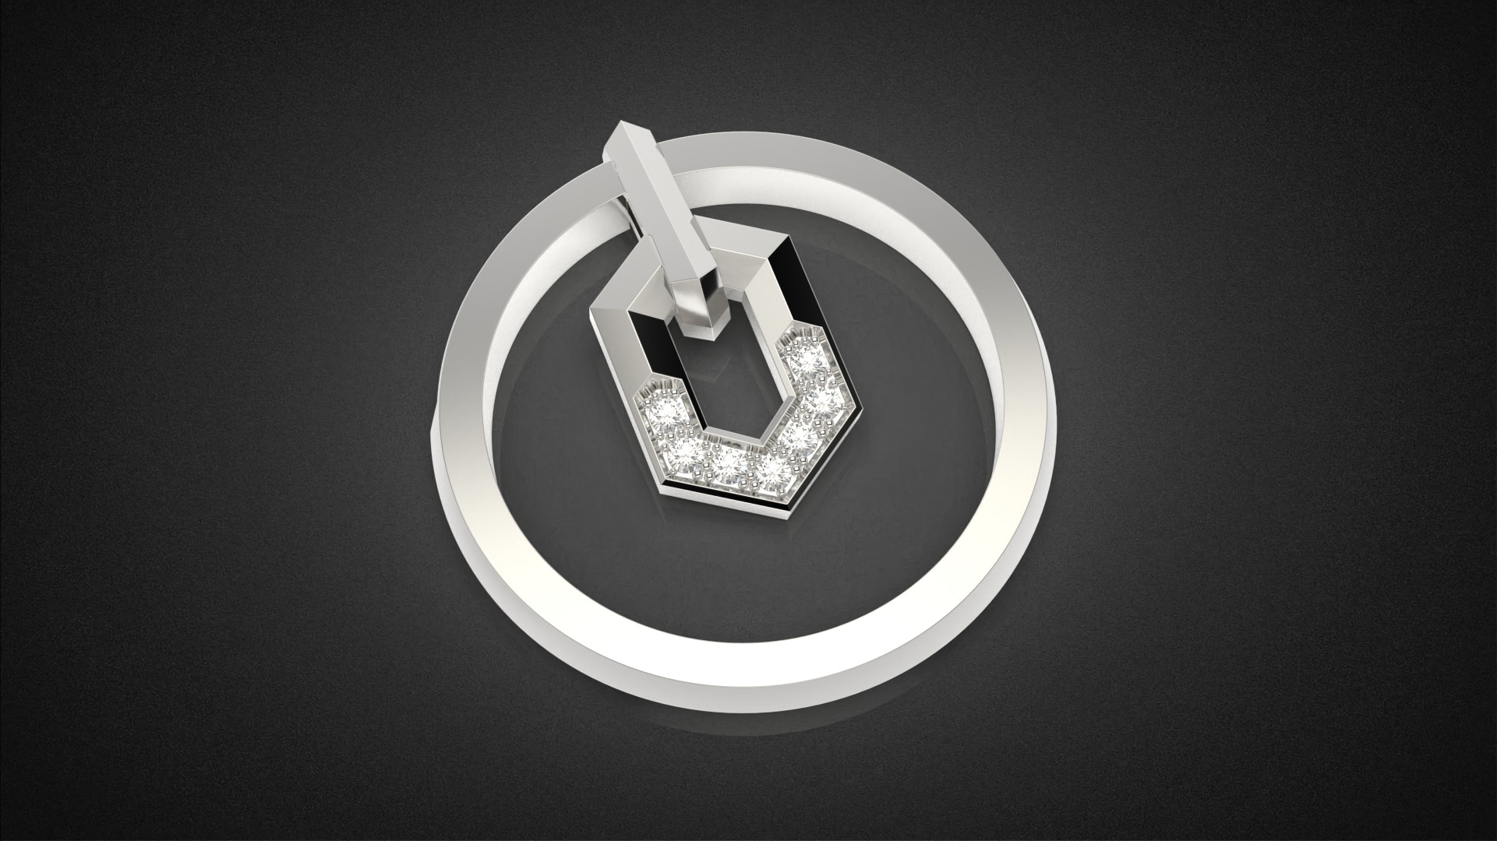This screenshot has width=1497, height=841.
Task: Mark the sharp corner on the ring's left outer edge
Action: pos(433,425)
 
